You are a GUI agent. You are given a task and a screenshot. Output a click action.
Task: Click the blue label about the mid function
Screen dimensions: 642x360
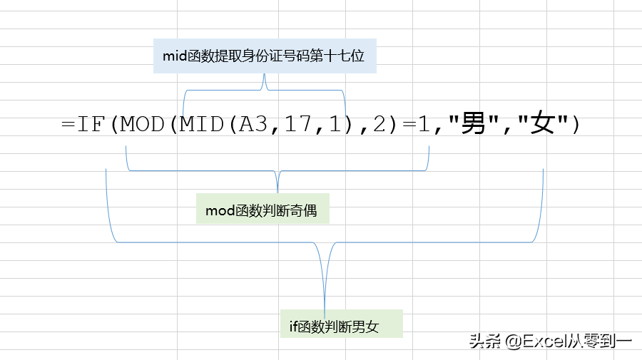265,56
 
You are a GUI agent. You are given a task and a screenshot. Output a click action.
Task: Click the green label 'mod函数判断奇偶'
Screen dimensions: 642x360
263,209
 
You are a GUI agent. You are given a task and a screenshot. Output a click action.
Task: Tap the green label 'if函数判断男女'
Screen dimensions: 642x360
342,324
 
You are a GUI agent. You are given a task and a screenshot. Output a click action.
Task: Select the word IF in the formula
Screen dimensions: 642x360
91,124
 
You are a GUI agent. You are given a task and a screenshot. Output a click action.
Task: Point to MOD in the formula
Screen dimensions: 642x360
142,124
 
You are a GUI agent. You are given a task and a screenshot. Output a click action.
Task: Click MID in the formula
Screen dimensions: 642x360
201,124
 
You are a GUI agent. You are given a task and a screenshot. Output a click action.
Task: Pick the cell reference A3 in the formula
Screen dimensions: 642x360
253,124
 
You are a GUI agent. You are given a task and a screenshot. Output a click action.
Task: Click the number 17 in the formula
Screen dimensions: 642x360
297,124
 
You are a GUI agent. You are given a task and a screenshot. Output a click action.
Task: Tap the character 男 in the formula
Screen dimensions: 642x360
474,123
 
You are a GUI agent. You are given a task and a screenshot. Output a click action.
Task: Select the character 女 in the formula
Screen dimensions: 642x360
543,123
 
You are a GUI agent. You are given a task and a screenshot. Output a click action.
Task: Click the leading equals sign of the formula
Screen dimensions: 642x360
68,124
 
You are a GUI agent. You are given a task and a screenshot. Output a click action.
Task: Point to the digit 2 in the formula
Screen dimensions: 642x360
379,124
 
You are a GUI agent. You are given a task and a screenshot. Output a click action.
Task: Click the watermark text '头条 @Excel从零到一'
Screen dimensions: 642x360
551,341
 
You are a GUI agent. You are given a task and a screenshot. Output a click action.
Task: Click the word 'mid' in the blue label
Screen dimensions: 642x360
175,56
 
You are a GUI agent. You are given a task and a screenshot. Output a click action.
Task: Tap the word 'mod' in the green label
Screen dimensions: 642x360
220,211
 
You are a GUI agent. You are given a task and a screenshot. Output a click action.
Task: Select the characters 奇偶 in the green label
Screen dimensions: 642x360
303,210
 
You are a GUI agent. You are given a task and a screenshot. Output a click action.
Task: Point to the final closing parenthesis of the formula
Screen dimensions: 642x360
576,124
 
